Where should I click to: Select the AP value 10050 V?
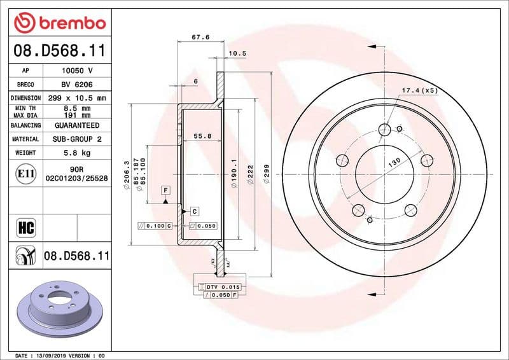point(76,71)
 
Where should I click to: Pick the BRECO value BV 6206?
point(76,85)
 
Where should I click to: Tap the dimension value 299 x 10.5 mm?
point(76,98)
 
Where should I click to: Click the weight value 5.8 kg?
point(76,153)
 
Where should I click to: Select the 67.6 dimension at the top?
point(200,37)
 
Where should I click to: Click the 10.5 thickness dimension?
point(237,53)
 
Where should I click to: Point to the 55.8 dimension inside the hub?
point(203,135)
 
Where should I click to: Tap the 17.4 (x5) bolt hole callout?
point(419,91)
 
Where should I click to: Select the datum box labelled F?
point(165,190)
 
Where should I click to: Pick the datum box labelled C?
point(193,211)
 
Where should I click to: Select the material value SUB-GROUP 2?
point(76,139)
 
